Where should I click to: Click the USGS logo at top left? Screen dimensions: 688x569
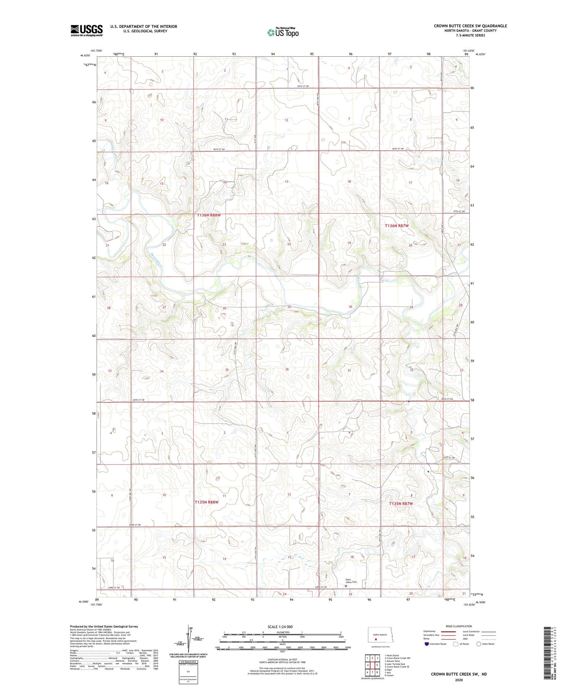coord(86,30)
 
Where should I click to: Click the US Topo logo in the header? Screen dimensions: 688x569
coord(283,32)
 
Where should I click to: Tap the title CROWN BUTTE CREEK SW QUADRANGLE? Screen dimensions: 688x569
coord(470,26)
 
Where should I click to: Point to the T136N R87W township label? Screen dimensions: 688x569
coord(397,226)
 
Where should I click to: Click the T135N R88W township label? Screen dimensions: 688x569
coord(206,502)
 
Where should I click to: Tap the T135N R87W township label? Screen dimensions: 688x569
coord(401,504)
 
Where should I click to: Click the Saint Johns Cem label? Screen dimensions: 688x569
coord(351,581)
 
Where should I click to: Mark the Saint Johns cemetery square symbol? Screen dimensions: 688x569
coord(346,586)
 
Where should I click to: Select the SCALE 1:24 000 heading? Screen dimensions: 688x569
coord(280,627)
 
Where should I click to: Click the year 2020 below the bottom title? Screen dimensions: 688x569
coord(459,680)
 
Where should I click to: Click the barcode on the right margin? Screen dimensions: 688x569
coord(547,658)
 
